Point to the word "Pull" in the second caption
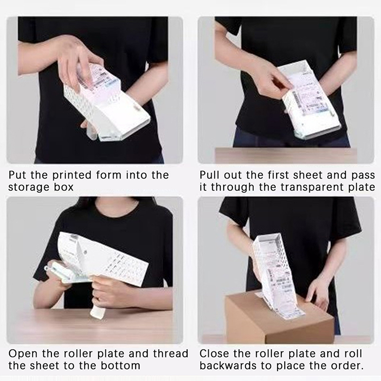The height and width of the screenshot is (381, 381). point(209,175)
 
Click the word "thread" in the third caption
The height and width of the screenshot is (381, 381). point(171,354)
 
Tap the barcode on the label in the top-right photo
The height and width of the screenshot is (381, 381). point(296,99)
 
